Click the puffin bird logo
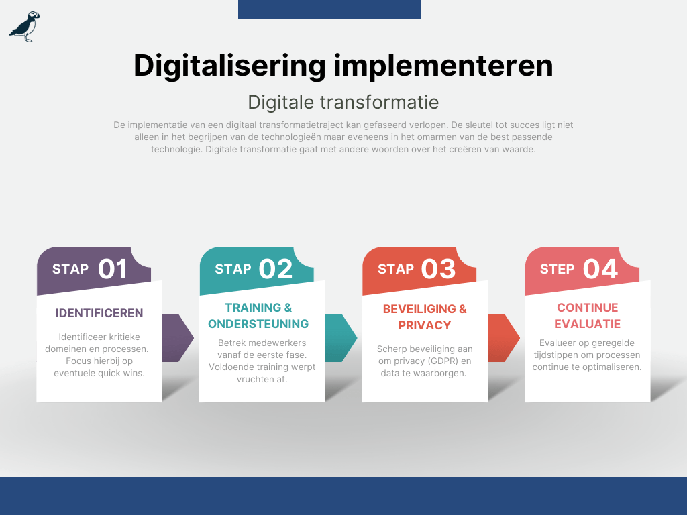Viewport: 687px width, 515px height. (x=25, y=27)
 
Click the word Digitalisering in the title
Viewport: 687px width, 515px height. (x=229, y=66)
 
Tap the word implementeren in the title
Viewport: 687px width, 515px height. (x=443, y=66)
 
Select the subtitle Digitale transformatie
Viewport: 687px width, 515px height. (x=343, y=103)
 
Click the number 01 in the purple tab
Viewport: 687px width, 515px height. (x=113, y=268)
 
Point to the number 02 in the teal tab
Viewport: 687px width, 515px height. (x=276, y=268)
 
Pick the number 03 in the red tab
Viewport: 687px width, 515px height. (x=438, y=268)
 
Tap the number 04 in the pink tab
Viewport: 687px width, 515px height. (x=600, y=268)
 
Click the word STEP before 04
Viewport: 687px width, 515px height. (x=557, y=269)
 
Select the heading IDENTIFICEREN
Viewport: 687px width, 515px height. (x=99, y=313)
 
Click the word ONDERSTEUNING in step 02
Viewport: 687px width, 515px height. (x=258, y=324)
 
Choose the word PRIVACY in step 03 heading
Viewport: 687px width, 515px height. (x=425, y=325)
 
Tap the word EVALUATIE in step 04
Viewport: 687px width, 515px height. (x=588, y=324)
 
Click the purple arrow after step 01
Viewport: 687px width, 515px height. (x=177, y=338)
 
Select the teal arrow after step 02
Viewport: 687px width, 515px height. (x=340, y=338)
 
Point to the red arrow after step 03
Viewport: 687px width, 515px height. (x=503, y=338)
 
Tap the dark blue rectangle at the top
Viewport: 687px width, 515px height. (x=329, y=9)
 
